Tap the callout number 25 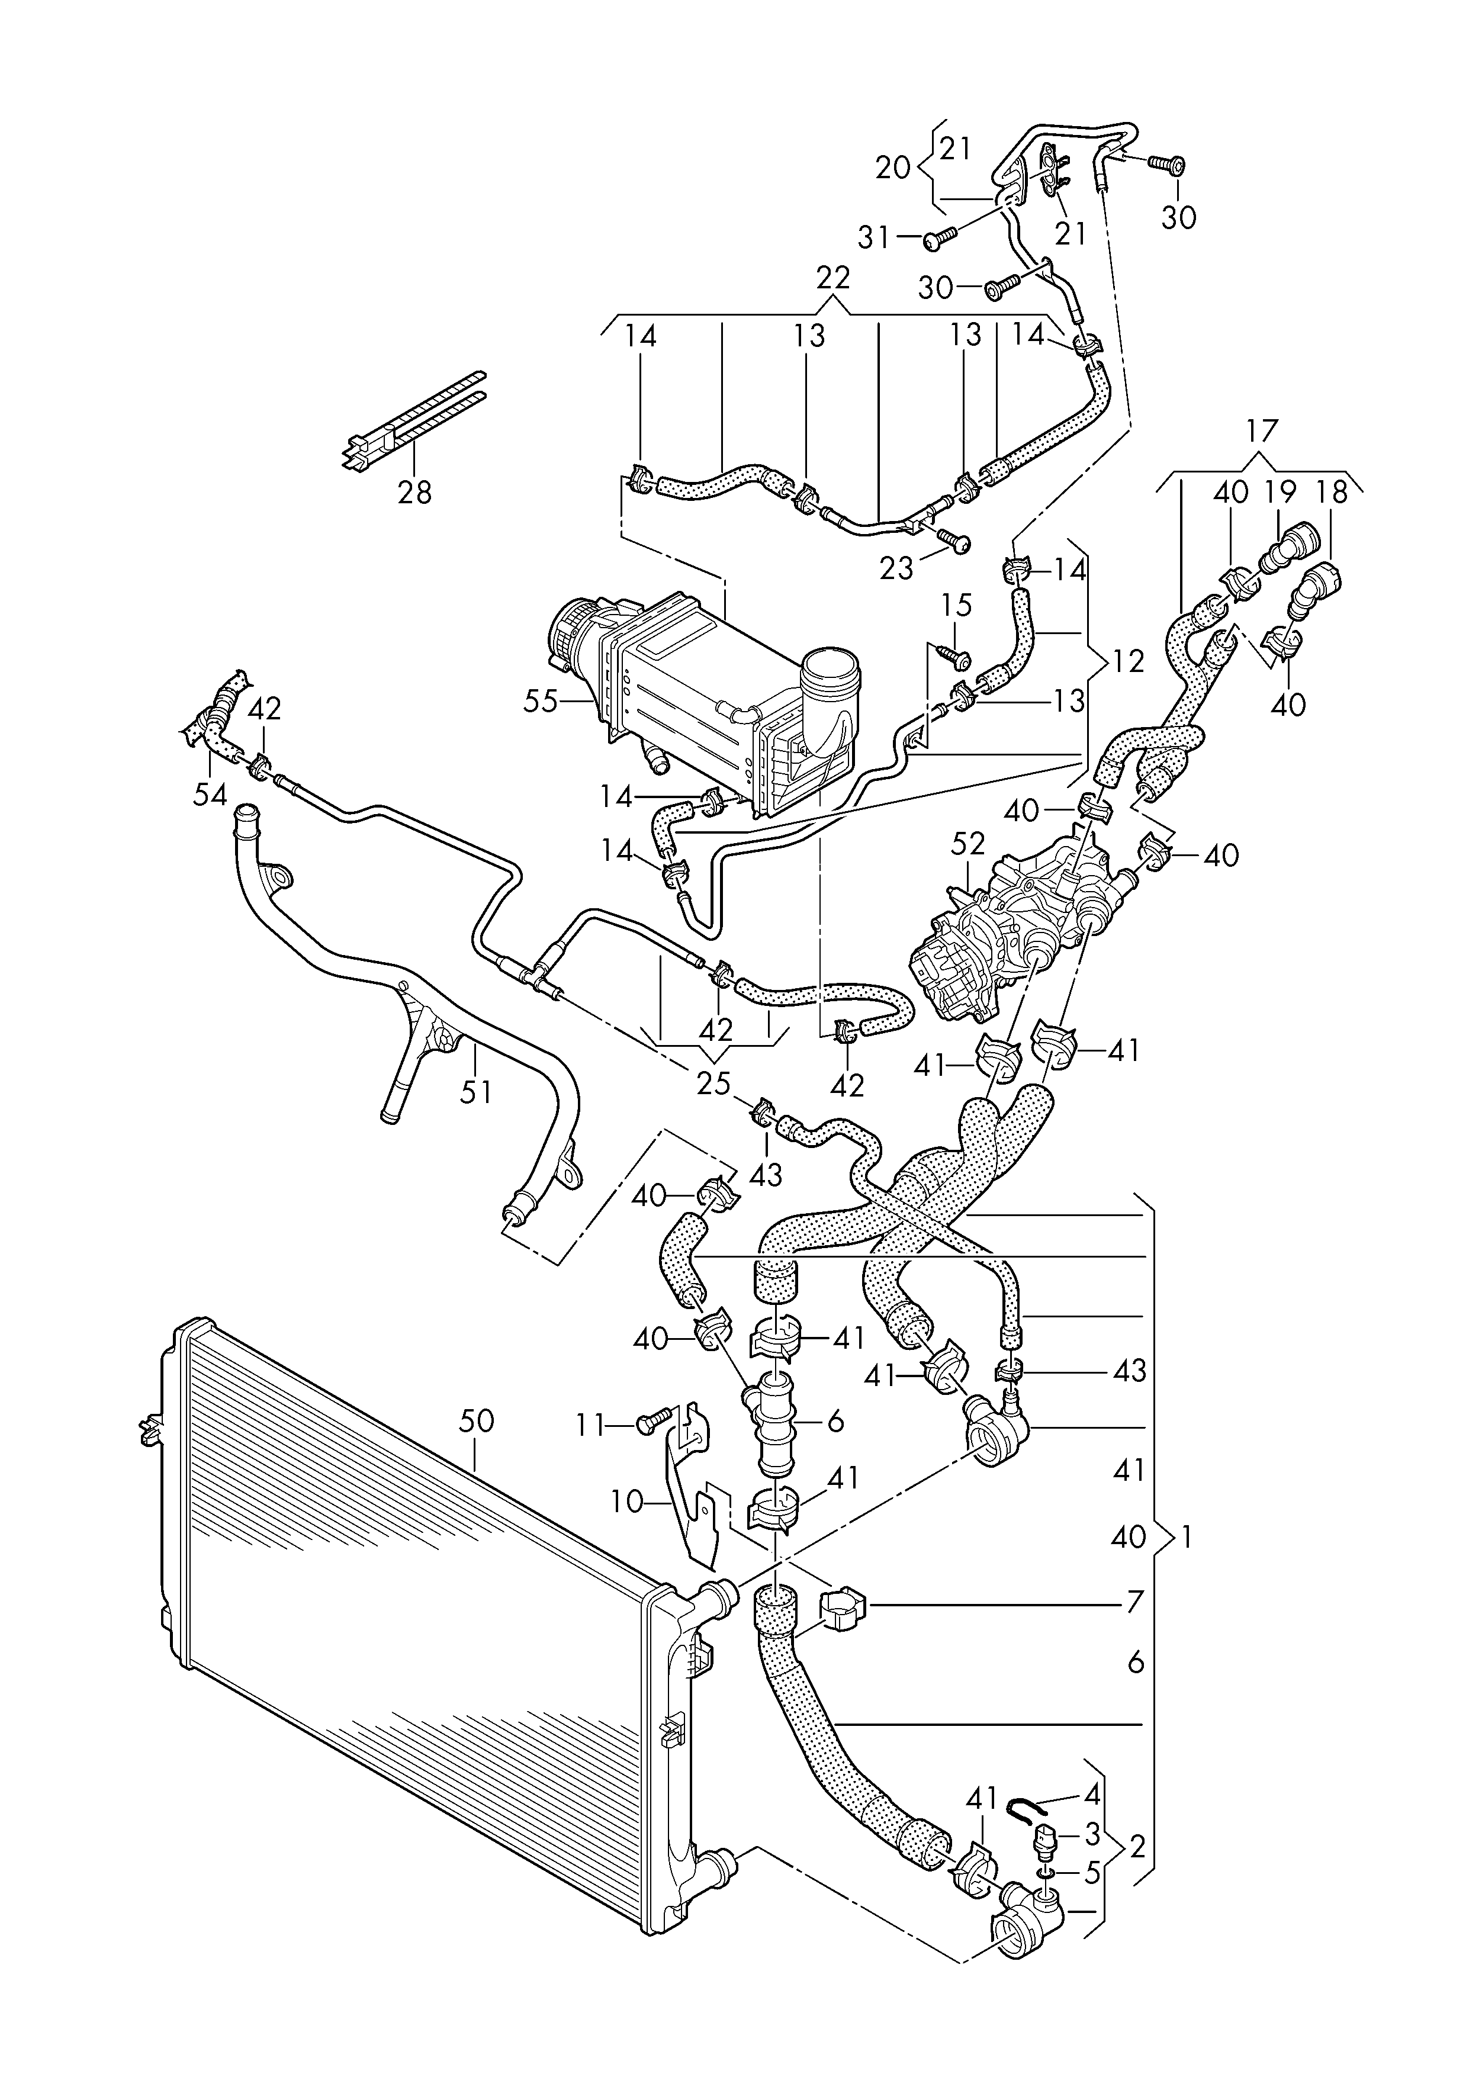[713, 1083]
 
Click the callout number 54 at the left [211, 793]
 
